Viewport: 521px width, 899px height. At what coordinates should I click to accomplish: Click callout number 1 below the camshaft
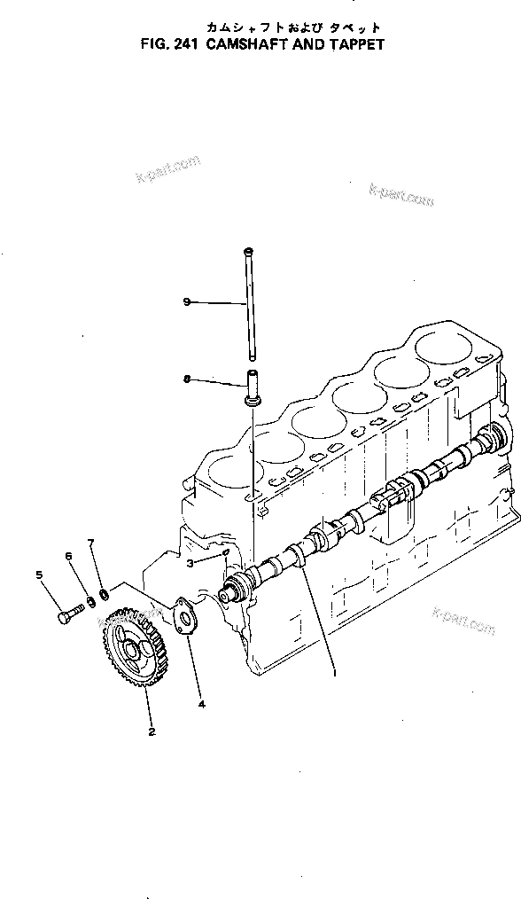(x=333, y=671)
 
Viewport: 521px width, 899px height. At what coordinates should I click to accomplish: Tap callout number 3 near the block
(x=190, y=563)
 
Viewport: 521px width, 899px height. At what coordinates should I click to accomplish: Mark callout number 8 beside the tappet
(x=187, y=379)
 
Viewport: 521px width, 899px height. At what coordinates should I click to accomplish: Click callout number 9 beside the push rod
(x=187, y=302)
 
